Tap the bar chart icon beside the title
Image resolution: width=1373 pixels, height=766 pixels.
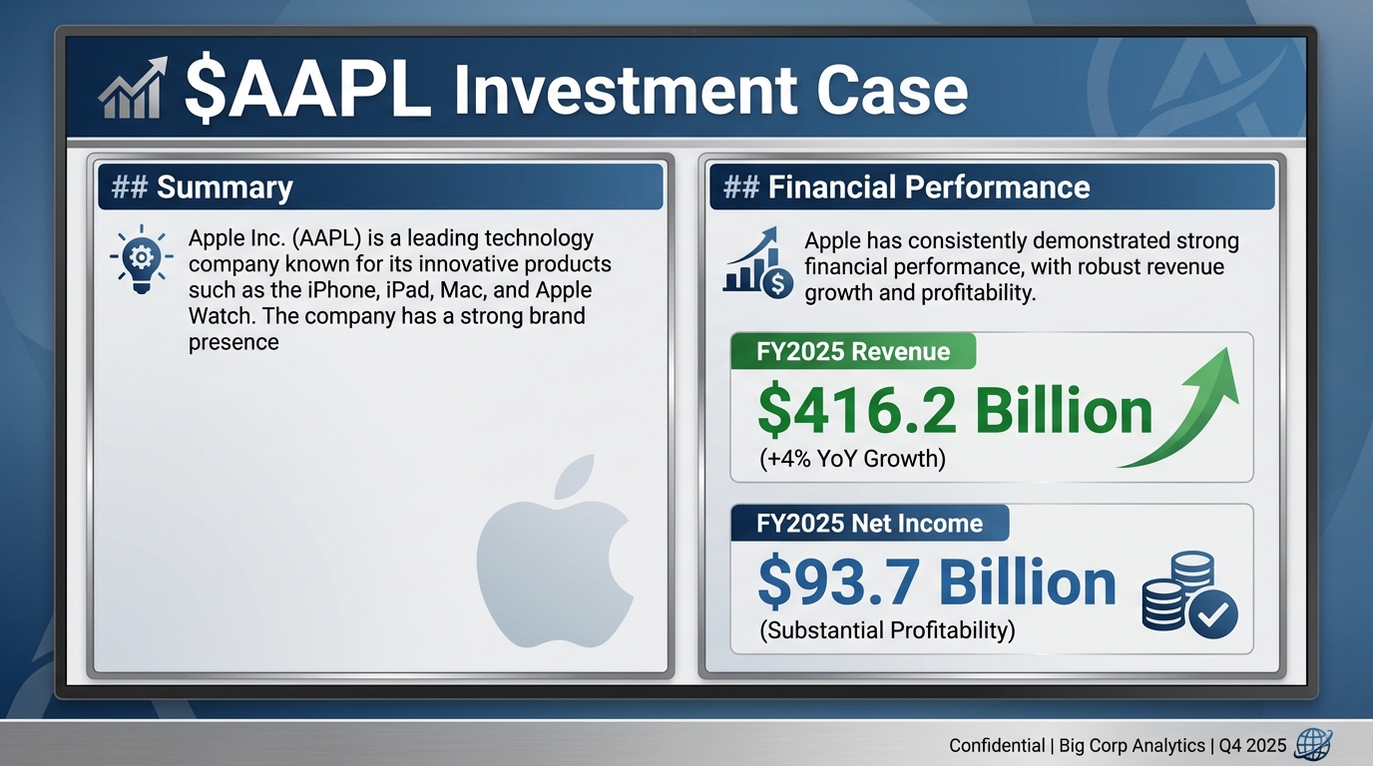tap(131, 89)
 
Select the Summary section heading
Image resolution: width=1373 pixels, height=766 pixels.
tap(225, 187)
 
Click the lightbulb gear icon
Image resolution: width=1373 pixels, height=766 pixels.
tap(141, 258)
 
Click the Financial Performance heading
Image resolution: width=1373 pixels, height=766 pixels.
tap(928, 187)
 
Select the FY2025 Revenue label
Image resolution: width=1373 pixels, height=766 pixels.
tap(853, 351)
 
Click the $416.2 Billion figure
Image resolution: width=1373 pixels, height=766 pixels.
tap(955, 411)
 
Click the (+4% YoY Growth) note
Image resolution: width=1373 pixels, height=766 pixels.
tap(853, 459)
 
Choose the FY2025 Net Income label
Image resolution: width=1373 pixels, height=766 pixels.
tap(869, 523)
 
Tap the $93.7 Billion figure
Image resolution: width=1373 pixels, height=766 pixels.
tap(937, 582)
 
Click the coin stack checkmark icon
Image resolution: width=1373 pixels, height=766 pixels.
tap(1188, 596)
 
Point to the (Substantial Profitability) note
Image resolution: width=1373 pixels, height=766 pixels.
tap(887, 630)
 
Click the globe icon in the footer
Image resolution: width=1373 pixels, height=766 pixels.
tap(1311, 744)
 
